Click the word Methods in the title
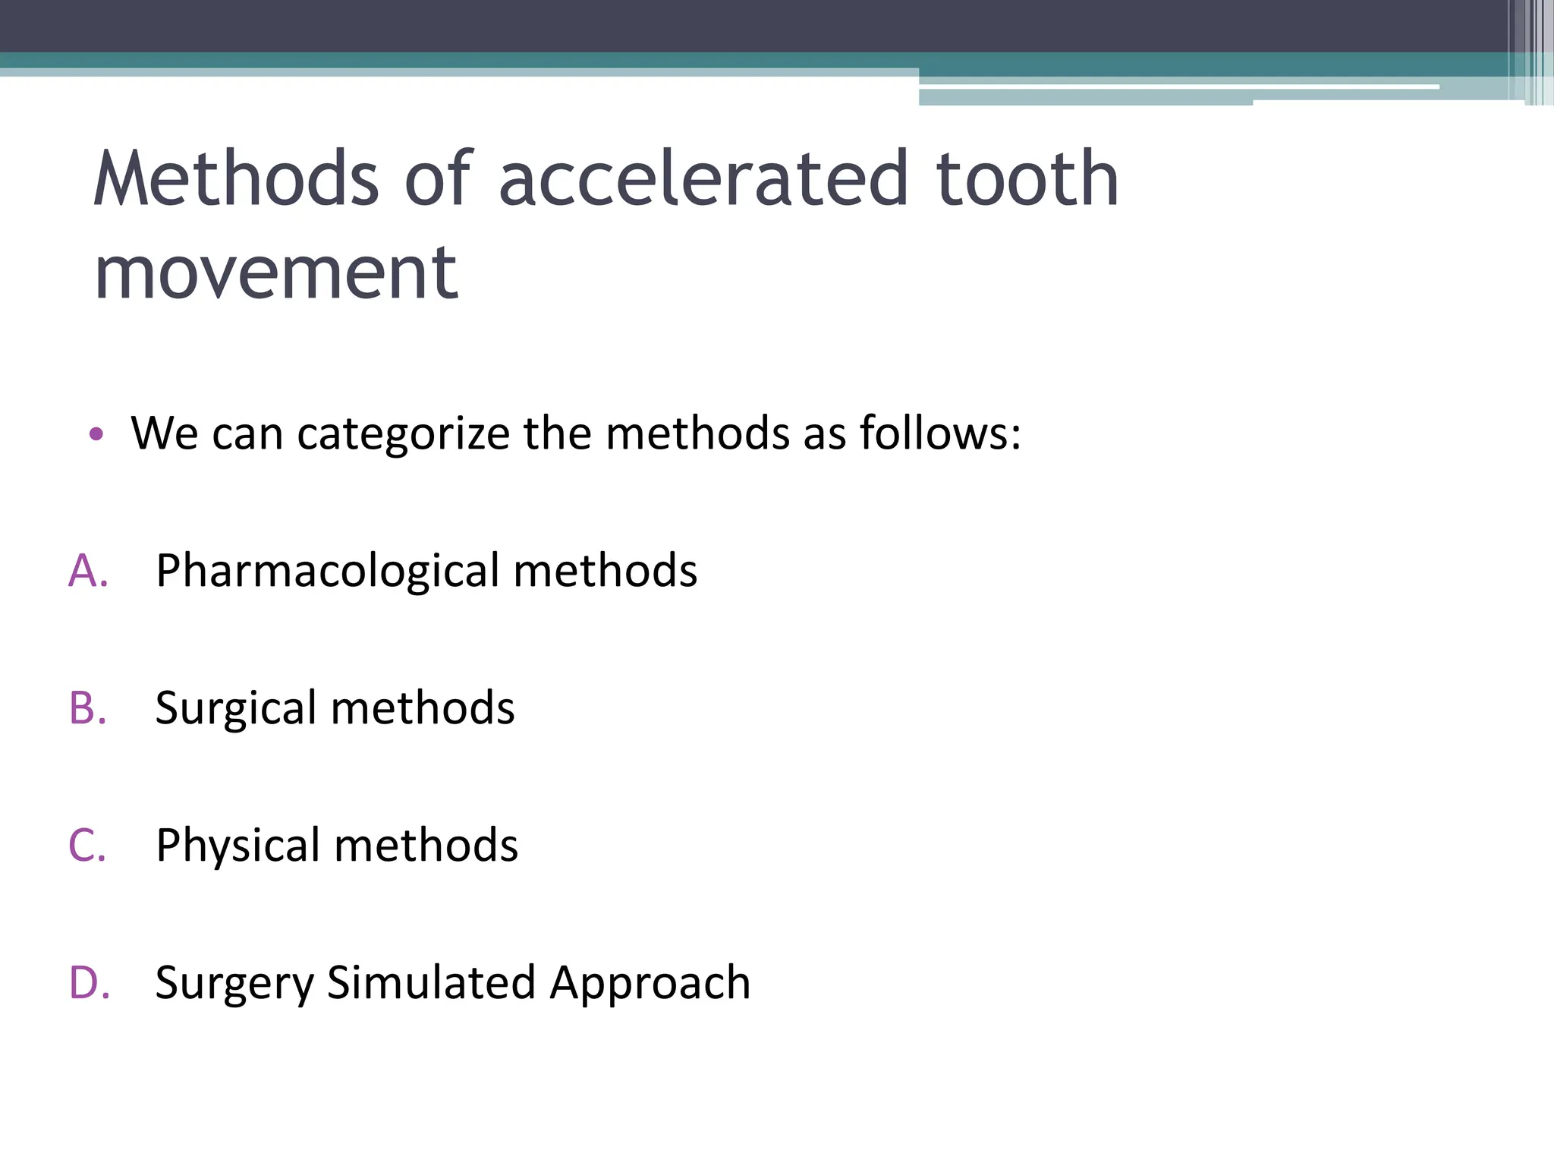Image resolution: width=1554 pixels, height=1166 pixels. click(x=236, y=178)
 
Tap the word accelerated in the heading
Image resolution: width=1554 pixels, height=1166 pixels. click(x=703, y=178)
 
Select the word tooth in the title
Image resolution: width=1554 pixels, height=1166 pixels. click(x=1027, y=178)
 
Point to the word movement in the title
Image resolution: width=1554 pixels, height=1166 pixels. click(x=275, y=273)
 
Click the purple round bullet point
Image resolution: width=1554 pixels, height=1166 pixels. click(x=96, y=434)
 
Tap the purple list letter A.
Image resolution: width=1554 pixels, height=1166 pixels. click(x=87, y=571)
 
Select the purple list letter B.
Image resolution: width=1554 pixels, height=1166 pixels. click(x=87, y=708)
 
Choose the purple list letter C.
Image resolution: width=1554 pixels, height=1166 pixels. click(x=87, y=846)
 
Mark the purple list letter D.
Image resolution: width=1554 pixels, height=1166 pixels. click(x=88, y=983)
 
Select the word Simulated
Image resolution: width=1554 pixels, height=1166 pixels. click(x=432, y=983)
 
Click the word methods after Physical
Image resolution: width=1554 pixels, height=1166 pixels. click(x=426, y=846)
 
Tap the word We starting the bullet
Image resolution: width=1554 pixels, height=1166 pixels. click(x=165, y=434)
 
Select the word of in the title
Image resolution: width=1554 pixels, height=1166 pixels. click(x=439, y=178)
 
